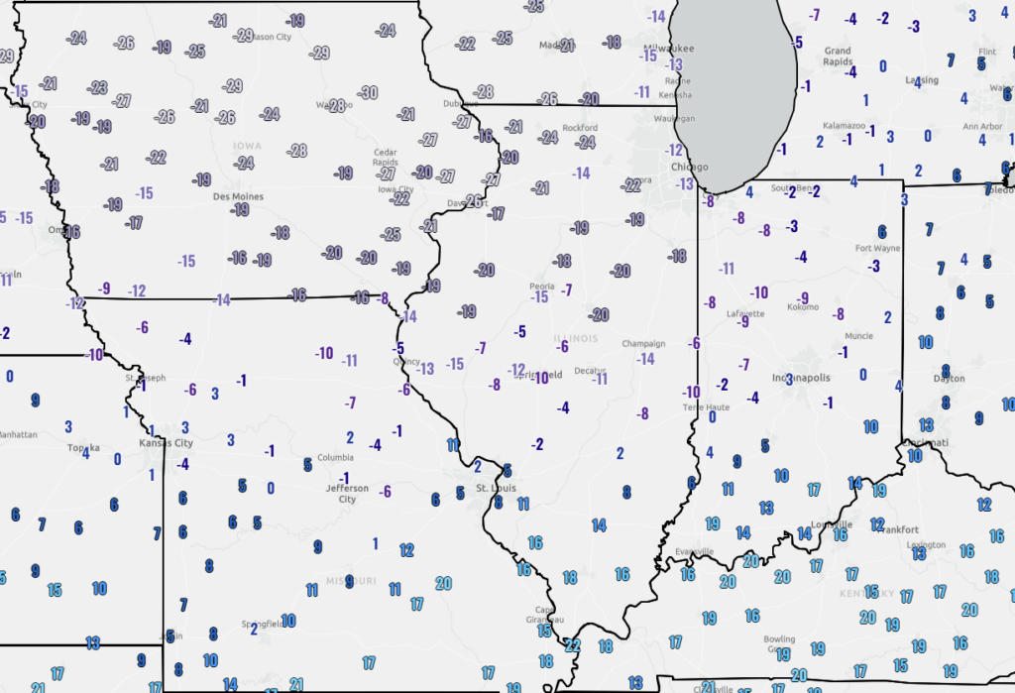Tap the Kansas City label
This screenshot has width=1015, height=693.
[165, 444]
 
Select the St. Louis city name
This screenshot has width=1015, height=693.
[496, 488]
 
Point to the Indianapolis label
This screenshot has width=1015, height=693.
[801, 378]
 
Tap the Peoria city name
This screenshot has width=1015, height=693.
[541, 286]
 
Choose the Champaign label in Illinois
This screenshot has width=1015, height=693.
[643, 343]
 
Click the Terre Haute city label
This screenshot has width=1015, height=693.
[705, 407]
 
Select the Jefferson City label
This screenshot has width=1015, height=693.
[347, 494]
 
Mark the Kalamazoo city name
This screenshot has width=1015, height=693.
[845, 126]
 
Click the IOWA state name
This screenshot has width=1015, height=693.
[247, 146]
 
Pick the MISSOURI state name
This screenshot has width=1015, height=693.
[351, 580]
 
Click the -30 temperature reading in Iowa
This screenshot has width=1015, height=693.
[368, 92]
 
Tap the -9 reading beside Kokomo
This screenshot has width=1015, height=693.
[803, 298]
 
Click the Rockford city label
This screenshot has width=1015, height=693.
[580, 128]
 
